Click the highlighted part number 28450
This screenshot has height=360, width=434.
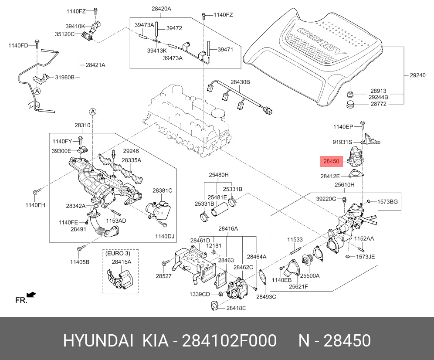pos(331,162)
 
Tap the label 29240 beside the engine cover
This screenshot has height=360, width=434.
pos(417,75)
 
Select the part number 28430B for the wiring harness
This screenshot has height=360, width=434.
pos(240,82)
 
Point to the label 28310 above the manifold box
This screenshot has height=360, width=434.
pos(82,126)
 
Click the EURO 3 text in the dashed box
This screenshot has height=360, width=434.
pos(117,253)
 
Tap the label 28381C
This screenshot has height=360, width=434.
pos(162,190)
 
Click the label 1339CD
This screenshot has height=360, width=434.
pos(200,294)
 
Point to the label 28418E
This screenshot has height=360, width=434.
pos(236,308)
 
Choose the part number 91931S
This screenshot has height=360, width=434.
pos(342,142)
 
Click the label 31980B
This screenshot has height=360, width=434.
pos(65,78)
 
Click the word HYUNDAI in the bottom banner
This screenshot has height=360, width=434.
pos(98,341)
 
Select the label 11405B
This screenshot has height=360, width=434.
pos(79,262)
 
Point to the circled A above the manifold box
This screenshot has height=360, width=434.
pos(93,112)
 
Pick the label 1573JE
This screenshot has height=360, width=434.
pos(365,257)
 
